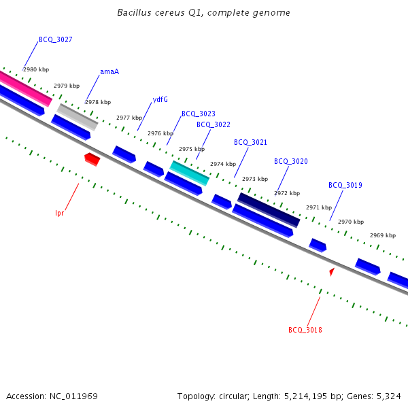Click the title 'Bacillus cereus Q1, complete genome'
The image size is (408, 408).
click(203, 13)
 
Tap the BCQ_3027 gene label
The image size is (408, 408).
click(56, 39)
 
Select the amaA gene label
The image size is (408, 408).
click(109, 71)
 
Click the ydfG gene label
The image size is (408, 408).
click(160, 99)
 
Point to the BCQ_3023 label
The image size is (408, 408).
click(199, 114)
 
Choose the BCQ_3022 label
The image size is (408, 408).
click(214, 124)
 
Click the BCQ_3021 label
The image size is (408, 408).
click(251, 142)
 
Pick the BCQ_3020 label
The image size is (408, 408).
click(291, 161)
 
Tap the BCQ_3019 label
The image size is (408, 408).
click(345, 185)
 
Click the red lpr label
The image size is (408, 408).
click(59, 213)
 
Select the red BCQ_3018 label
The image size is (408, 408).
click(305, 330)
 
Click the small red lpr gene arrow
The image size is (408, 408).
click(92, 159)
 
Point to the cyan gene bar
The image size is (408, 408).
click(190, 173)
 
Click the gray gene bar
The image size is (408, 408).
click(78, 116)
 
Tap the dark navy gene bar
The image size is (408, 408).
click(269, 209)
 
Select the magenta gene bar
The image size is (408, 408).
click(25, 89)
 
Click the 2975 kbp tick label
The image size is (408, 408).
click(192, 149)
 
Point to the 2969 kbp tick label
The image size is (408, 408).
click(383, 235)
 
